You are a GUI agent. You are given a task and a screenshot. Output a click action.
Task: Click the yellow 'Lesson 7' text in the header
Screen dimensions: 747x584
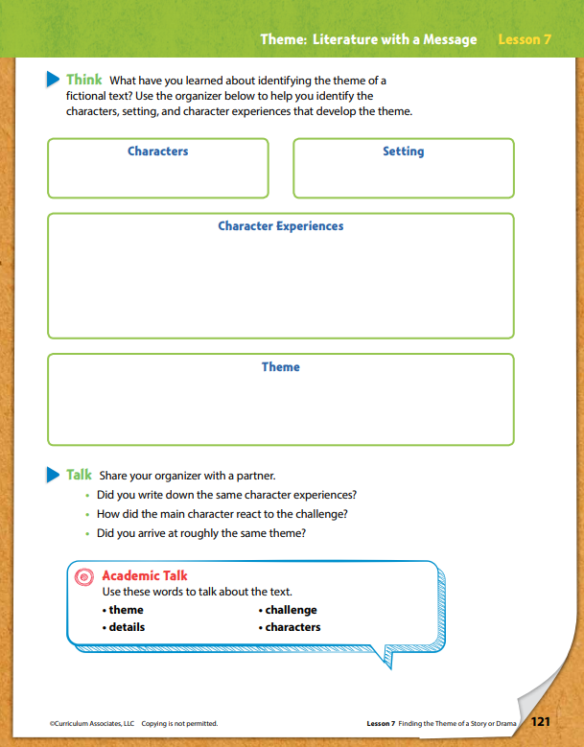(526, 39)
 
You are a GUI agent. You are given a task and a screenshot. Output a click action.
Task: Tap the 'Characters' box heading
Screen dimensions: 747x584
(157, 152)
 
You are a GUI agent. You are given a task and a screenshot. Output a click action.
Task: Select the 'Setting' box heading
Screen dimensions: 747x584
(403, 152)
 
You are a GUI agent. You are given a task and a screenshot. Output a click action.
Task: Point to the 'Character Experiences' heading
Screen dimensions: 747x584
(280, 226)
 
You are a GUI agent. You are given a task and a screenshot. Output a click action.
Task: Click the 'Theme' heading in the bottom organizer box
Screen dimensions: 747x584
(280, 366)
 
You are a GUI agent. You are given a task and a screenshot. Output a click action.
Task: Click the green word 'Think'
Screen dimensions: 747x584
(84, 80)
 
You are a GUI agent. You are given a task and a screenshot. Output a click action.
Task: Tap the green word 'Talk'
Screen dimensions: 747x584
(79, 474)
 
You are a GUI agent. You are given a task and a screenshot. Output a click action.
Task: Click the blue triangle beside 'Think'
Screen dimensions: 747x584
(54, 80)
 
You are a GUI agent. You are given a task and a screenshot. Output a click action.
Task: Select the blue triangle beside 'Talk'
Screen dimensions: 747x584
(54, 474)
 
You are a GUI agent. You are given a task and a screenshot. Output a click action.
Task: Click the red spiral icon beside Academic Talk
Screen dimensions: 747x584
(85, 576)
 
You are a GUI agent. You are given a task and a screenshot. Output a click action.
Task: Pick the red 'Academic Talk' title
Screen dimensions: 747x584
(145, 575)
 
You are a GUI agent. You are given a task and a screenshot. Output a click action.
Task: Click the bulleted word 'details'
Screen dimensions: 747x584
(127, 627)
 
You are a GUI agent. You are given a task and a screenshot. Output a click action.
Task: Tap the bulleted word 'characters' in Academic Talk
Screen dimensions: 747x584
(292, 627)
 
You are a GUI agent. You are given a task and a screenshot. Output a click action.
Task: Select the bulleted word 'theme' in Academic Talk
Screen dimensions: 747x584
(126, 610)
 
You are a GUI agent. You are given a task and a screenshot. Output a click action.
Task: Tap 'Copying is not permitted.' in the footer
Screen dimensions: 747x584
(179, 723)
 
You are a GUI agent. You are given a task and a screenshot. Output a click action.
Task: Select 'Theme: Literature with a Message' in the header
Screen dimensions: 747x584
(368, 39)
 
